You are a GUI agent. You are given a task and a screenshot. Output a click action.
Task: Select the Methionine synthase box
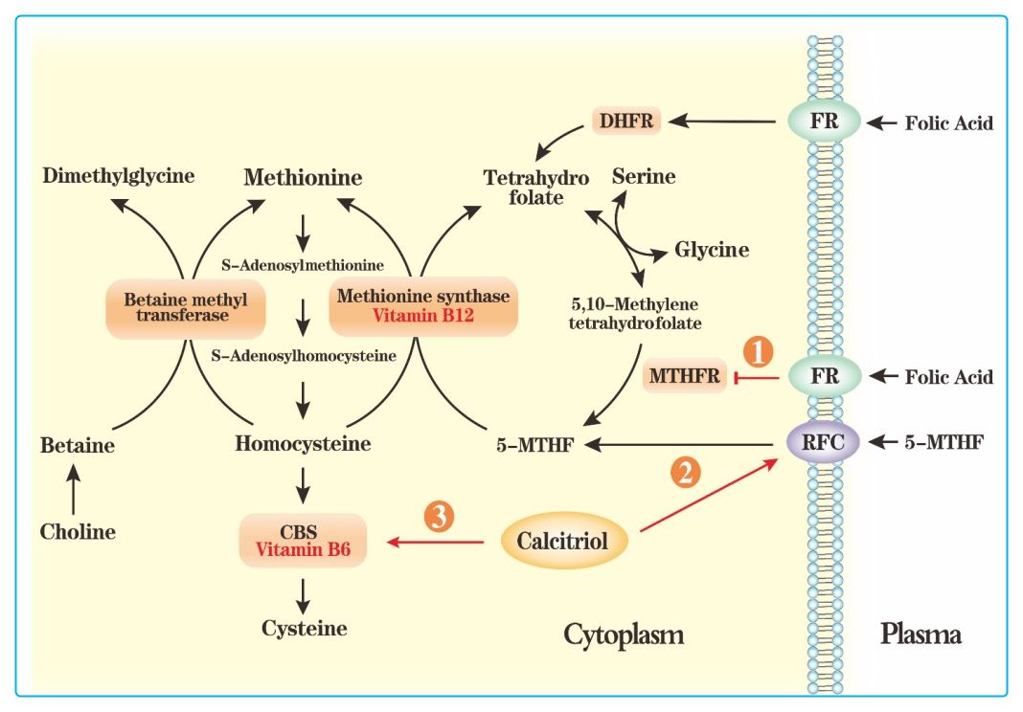tap(423, 306)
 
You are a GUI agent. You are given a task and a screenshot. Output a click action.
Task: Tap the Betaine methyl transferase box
tap(185, 307)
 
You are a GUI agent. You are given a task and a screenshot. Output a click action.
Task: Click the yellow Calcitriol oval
tap(563, 542)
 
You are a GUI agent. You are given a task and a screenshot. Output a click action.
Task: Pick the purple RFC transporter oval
tap(824, 442)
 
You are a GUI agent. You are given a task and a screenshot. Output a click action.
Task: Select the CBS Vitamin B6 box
tap(303, 540)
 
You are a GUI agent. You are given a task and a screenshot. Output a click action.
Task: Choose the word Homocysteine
tap(303, 444)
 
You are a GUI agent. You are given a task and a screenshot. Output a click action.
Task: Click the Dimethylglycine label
tap(119, 176)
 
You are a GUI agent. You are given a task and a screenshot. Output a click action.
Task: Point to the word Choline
tap(78, 531)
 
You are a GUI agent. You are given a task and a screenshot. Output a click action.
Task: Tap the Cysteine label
tap(305, 628)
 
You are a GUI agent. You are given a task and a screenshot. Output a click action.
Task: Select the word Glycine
tap(712, 251)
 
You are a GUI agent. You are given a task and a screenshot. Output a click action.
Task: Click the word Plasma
tap(920, 634)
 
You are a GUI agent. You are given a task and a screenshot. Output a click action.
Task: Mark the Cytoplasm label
tap(625, 634)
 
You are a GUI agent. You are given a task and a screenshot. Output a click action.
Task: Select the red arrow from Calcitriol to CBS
tap(436, 543)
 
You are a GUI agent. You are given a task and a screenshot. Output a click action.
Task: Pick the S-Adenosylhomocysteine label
tap(303, 356)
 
